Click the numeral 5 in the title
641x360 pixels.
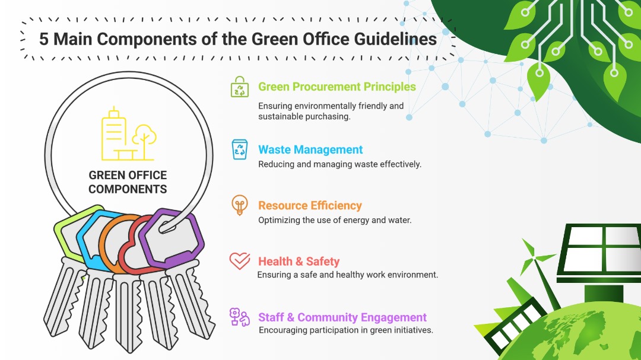[x=43, y=39]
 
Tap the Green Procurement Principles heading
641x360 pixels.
[x=337, y=87]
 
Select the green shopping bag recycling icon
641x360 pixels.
[x=240, y=87]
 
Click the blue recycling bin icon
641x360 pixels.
[x=240, y=149]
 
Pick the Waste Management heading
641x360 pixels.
[x=310, y=149]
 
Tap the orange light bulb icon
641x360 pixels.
[x=240, y=205]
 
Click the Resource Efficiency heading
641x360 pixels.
[x=310, y=206]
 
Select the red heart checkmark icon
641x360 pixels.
[x=240, y=261]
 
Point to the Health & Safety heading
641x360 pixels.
[x=299, y=261]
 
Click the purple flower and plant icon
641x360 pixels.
[x=240, y=317]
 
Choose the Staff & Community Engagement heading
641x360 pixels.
[x=342, y=317]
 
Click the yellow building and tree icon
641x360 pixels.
[x=129, y=134]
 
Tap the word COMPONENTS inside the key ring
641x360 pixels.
[x=128, y=189]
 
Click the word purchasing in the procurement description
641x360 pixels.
[x=331, y=117]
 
